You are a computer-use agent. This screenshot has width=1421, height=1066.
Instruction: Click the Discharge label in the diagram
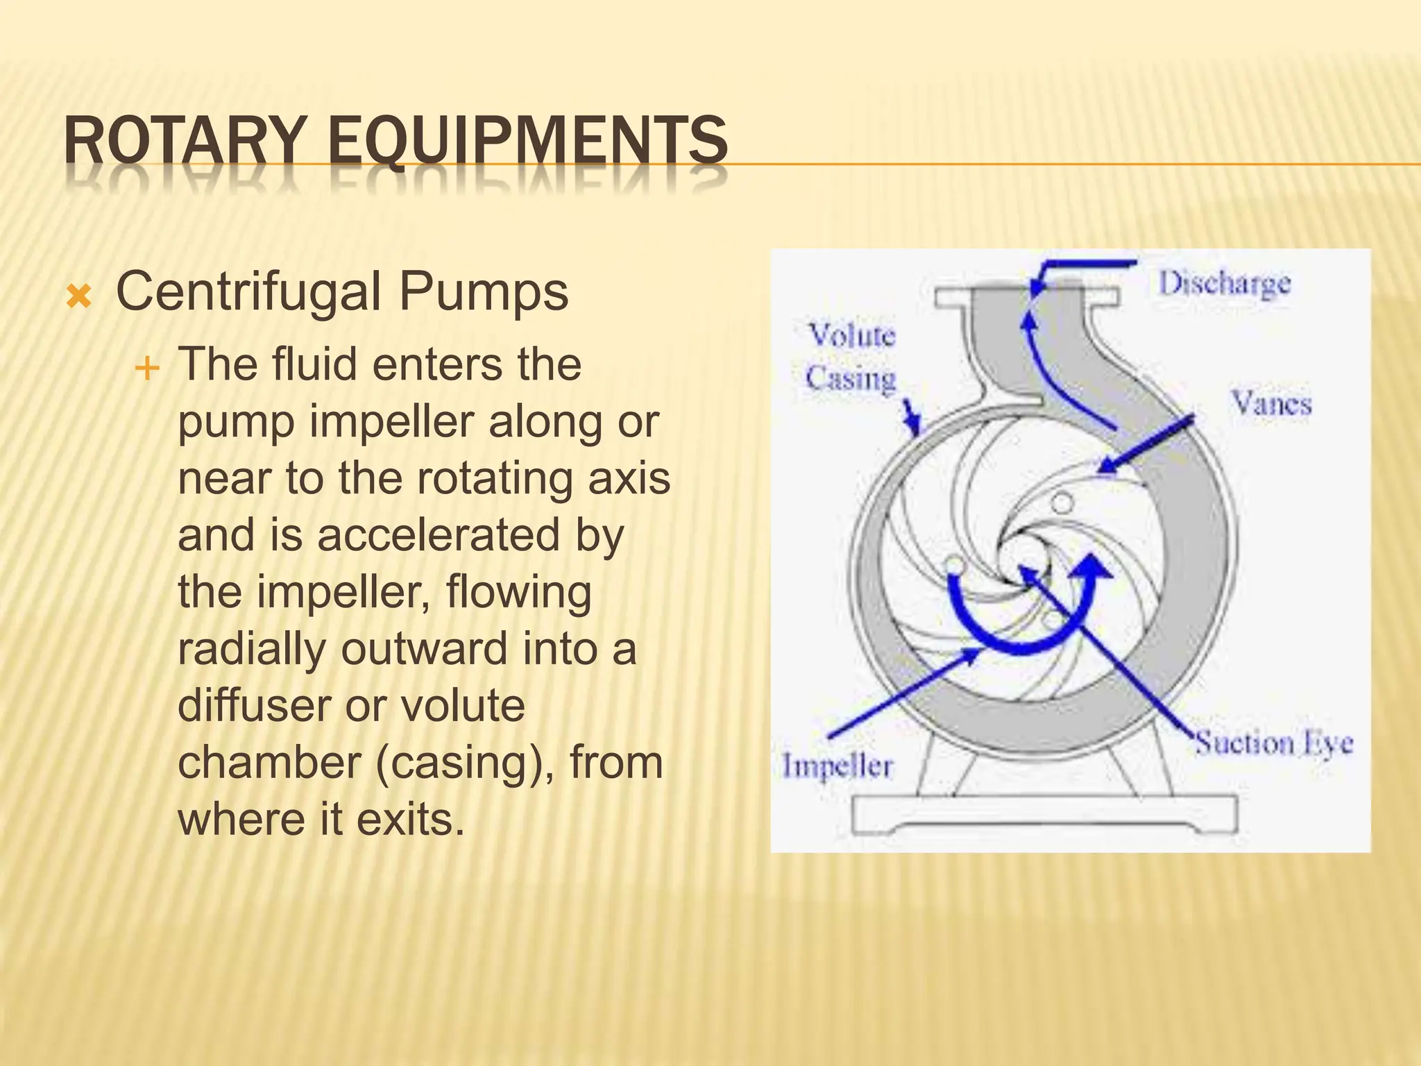[x=1225, y=284]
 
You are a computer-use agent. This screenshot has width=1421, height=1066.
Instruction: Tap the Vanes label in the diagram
[x=1271, y=403]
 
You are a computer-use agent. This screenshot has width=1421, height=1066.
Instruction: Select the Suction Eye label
[x=1273, y=744]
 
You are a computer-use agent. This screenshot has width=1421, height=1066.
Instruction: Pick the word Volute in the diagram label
[x=853, y=336]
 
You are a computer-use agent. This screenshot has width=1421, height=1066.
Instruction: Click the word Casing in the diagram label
[x=851, y=379]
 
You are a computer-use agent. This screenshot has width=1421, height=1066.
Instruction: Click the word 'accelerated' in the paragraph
[x=439, y=536]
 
